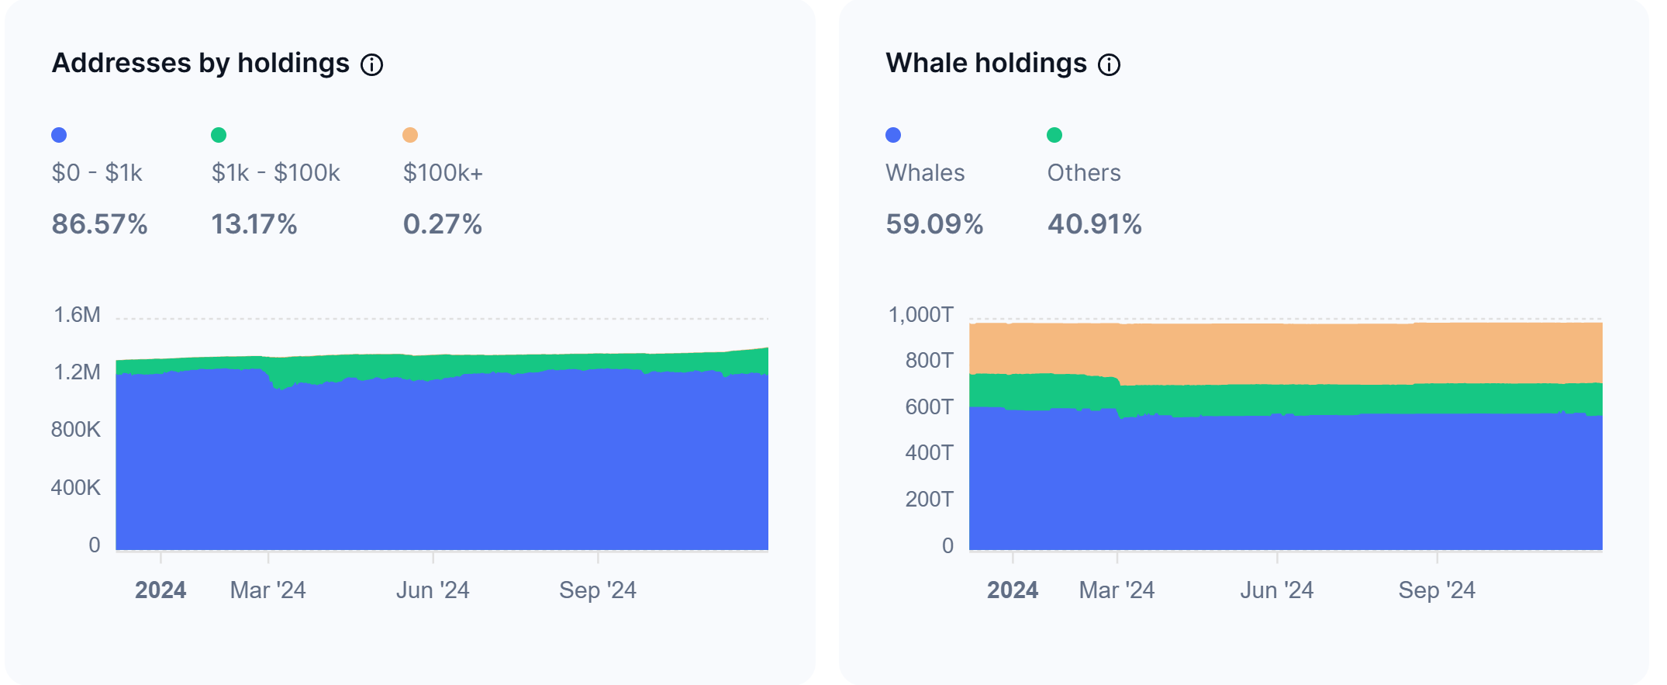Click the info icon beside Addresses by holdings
[372, 65]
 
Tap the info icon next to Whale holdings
[1110, 65]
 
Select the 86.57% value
[99, 224]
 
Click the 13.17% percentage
[254, 224]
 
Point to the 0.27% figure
[443, 224]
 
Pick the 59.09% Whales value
[934, 224]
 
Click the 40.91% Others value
[1095, 224]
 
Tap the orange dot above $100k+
[410, 135]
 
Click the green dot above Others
[1054, 135]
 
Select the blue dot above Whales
[893, 135]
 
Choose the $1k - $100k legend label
[276, 172]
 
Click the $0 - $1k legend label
[97, 172]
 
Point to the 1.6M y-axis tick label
[77, 315]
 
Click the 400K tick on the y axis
[75, 488]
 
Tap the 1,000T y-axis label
[920, 315]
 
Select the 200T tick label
[929, 499]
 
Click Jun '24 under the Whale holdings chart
[1276, 590]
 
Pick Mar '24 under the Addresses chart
[267, 590]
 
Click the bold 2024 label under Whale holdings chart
[1012, 590]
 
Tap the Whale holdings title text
[986, 63]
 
